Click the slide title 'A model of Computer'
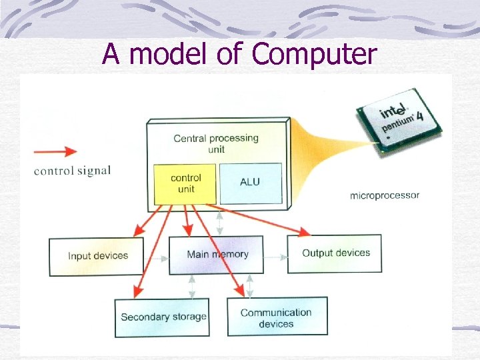tap(239, 54)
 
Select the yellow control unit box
tap(186, 183)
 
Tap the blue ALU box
tap(250, 183)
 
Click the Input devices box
tap(97, 256)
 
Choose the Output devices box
tap(335, 253)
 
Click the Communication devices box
tap(277, 317)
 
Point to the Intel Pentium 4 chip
tap(397, 120)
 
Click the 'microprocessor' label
tap(385, 195)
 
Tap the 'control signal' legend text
tap(72, 171)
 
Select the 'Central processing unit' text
tap(215, 143)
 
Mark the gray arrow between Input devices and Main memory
tap(156, 256)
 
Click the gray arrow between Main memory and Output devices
tap(274, 255)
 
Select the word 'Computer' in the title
tap(315, 54)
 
